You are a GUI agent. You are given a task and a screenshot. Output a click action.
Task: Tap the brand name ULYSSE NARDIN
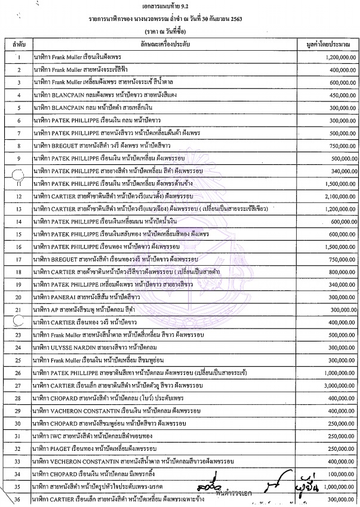point(78,346)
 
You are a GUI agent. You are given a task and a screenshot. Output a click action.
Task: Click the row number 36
point(19,499)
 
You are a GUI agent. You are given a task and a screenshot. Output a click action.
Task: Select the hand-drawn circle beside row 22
point(18,321)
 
